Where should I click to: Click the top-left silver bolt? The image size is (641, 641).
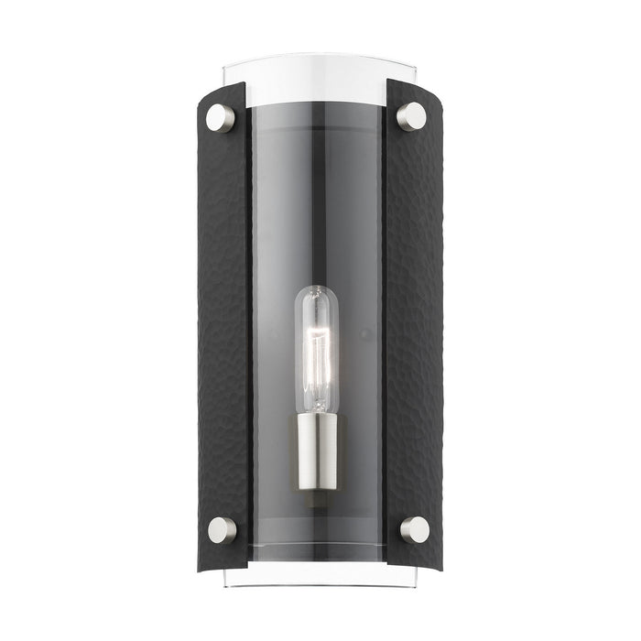221,117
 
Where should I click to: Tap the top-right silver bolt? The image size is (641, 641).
412,116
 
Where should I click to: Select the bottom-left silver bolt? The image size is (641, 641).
221,529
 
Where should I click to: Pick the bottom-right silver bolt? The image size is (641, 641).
413,529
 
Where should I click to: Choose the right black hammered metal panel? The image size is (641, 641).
414,320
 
